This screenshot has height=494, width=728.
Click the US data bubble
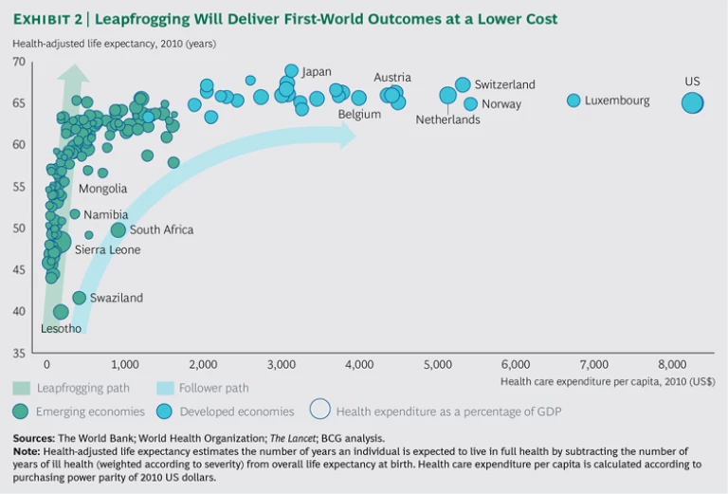(x=693, y=102)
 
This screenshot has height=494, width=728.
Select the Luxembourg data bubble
(x=573, y=101)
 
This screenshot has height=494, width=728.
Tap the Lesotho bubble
(x=61, y=312)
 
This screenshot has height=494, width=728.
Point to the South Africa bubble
(x=118, y=229)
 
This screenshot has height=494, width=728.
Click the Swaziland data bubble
(x=80, y=298)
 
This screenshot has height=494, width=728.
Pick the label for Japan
(x=316, y=71)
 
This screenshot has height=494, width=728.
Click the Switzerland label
(x=504, y=84)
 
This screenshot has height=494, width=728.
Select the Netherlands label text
(x=447, y=120)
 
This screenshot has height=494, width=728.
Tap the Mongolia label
(x=102, y=189)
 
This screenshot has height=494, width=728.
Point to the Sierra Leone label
(x=107, y=249)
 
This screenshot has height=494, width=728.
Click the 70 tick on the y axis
(x=19, y=62)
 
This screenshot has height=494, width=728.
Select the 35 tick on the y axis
(x=19, y=354)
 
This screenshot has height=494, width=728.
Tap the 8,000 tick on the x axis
(x=672, y=364)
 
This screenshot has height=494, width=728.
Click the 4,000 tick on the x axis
(x=358, y=364)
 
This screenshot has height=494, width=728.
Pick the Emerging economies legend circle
(x=21, y=412)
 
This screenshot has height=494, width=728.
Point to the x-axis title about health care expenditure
(x=608, y=380)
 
